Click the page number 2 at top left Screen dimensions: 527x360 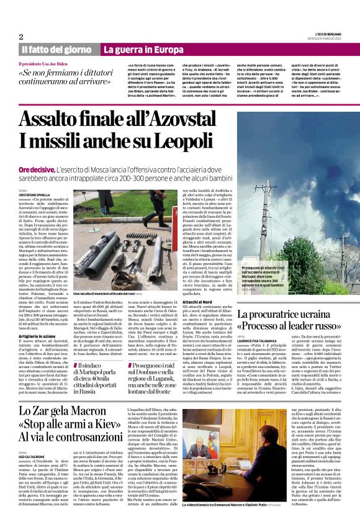pyautogui.click(x=20, y=37)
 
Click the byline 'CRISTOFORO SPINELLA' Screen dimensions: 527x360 pyautogui.click(x=35, y=194)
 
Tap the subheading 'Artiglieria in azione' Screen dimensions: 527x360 pyautogui.click(x=39, y=333)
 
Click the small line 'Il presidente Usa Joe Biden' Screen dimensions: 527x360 pyautogui.click(x=45, y=64)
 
